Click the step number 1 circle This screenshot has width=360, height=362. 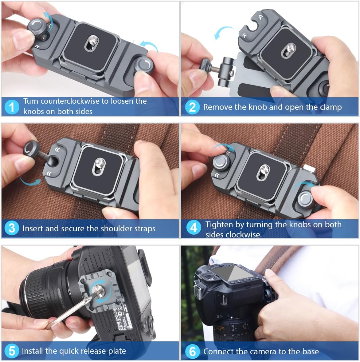coord(12,107)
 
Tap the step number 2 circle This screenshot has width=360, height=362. coord(192,107)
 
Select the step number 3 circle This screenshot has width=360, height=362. coord(12,228)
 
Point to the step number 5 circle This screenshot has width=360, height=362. coord(12,351)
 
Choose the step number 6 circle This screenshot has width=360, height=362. coord(192,351)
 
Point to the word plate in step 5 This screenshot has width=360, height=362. coord(117,351)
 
